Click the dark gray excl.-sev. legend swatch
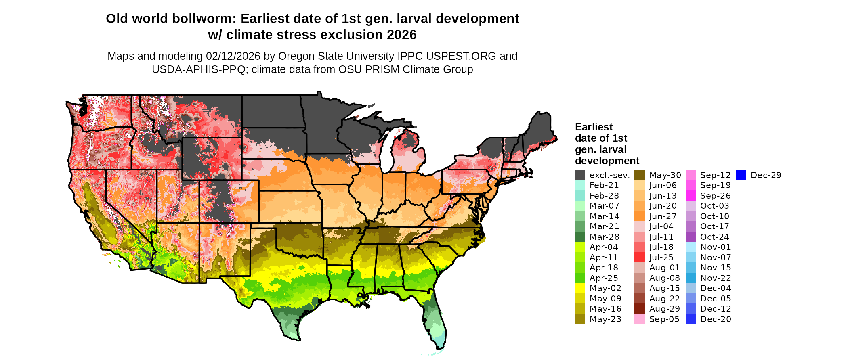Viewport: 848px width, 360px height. coord(580,175)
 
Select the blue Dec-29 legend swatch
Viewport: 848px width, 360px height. coord(741,175)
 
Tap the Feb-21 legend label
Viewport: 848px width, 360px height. coord(604,185)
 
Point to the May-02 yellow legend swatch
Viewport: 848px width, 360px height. coord(580,288)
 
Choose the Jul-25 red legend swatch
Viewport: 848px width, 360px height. coord(640,257)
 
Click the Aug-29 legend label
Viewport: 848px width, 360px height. coord(664,309)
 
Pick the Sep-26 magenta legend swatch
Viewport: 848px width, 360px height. coord(691,196)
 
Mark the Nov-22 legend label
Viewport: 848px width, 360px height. coord(716,278)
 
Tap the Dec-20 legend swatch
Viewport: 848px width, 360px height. coord(691,319)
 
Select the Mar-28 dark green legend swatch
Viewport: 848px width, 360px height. coord(580,237)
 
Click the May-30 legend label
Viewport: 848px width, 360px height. coord(665,175)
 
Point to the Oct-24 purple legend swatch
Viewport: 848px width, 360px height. coord(691,237)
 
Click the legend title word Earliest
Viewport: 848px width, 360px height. coord(594,127)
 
